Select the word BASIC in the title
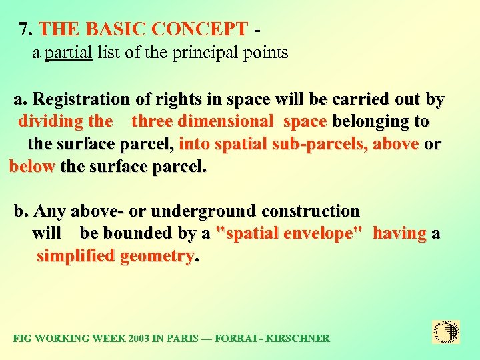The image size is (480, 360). pyautogui.click(x=115, y=29)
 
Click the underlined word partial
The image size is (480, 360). pyautogui.click(x=68, y=53)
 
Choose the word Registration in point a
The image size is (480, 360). pyautogui.click(x=81, y=99)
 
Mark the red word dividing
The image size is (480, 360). pyautogui.click(x=51, y=121)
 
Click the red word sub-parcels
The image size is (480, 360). pyautogui.click(x=323, y=143)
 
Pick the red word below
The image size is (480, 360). pyautogui.click(x=32, y=166)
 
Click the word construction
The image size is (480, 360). pyautogui.click(x=311, y=211)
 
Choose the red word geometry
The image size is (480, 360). pyautogui.click(x=157, y=256)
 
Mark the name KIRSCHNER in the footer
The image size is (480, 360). pyautogui.click(x=297, y=338)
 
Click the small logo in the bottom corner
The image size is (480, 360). pyautogui.click(x=446, y=331)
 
